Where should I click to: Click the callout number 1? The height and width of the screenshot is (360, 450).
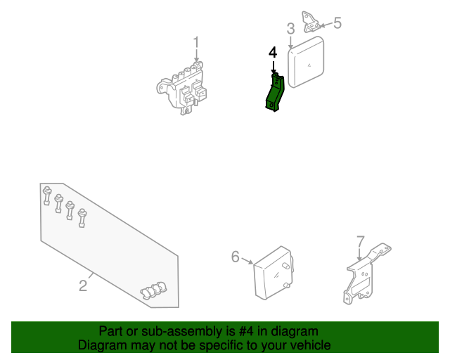coord(196,43)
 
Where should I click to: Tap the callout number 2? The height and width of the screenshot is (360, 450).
coord(83,285)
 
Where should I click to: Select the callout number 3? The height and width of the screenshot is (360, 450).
coord(290,29)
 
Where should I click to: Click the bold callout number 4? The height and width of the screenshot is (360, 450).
coord(273,53)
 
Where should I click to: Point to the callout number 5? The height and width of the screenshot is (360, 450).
coord(337,22)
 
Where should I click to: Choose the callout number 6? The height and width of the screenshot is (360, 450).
coord(236,257)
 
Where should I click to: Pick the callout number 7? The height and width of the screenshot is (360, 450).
coord(361,242)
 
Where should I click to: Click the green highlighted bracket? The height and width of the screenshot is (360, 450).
coord(274,93)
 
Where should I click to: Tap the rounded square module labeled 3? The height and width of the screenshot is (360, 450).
coord(306,62)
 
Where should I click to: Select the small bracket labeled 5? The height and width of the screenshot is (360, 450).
coord(311,22)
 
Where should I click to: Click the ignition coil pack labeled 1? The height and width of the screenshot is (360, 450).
coord(182,89)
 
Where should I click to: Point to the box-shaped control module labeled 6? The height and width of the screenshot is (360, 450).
coord(274,273)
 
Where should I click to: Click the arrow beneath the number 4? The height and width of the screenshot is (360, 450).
coord(274,67)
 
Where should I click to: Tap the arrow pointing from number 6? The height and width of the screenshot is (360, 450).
coord(247,261)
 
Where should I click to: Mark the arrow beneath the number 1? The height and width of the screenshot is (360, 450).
coord(196,56)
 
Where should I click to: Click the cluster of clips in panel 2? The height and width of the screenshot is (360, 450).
coord(153,290)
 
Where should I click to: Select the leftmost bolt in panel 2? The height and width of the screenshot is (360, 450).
coord(47,195)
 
